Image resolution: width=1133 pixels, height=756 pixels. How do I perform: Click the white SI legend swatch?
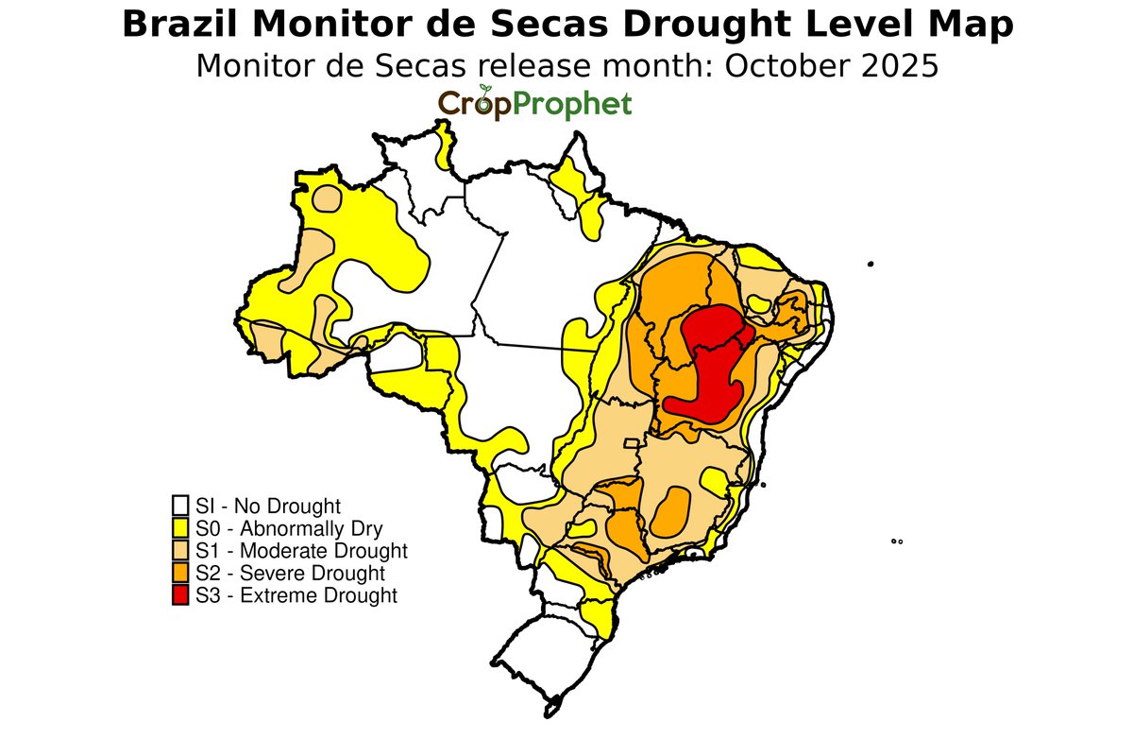(180, 505)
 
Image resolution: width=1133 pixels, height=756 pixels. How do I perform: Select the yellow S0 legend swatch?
(180, 527)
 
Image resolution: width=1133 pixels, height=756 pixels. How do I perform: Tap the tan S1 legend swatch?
(180, 550)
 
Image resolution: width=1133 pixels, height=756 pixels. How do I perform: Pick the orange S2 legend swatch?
(180, 573)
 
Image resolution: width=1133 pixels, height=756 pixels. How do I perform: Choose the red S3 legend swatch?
(180, 595)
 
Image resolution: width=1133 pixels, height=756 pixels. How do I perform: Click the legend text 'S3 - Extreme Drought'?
(296, 595)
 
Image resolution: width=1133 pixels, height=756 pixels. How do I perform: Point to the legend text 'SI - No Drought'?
(268, 505)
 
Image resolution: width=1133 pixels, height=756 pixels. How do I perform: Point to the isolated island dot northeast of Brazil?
(871, 264)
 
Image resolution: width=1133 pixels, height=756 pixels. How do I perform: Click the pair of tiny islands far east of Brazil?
(897, 541)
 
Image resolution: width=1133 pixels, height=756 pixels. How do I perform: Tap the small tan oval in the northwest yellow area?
(327, 198)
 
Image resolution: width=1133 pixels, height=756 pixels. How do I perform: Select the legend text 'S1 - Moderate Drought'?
(301, 550)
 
